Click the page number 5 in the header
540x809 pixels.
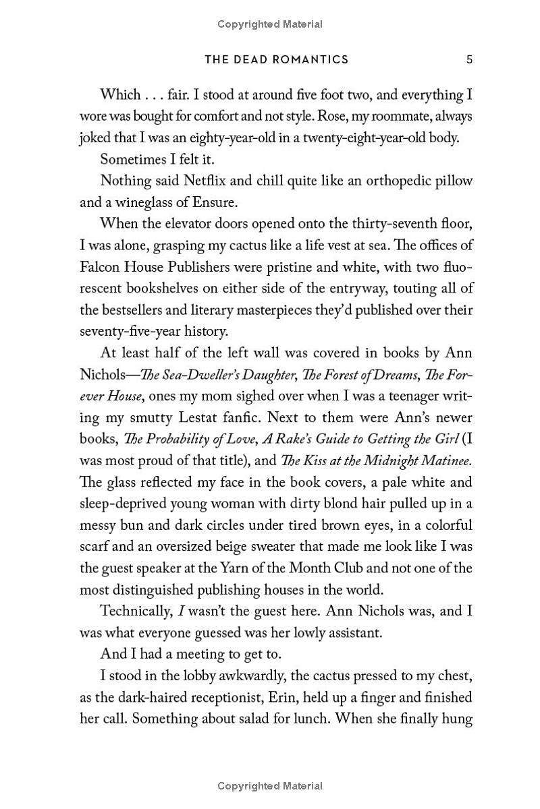pyautogui.click(x=469, y=59)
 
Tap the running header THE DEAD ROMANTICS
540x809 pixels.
pyautogui.click(x=277, y=59)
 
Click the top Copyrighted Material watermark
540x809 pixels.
pyautogui.click(x=270, y=24)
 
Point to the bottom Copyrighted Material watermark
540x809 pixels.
pyautogui.click(x=270, y=785)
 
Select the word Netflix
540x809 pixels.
pyautogui.click(x=194, y=181)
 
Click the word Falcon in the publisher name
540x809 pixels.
pyautogui.click(x=100, y=266)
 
